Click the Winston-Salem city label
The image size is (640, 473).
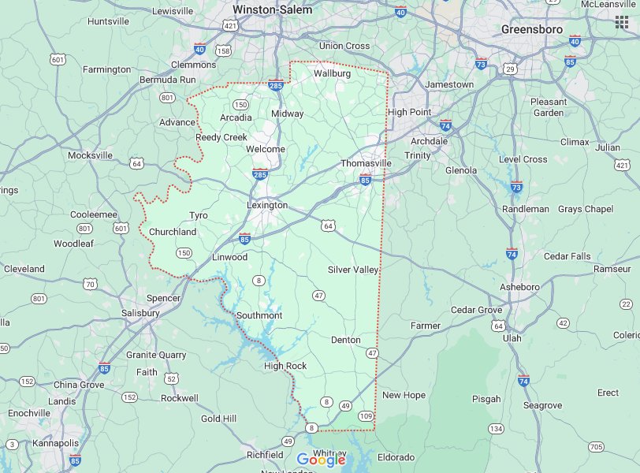[x=272, y=10]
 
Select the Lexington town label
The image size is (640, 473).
[x=267, y=205]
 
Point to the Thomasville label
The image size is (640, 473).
[x=366, y=163]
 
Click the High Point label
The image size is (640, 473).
[x=409, y=112]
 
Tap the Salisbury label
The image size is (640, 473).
[x=140, y=313]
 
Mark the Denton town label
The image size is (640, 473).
[x=345, y=340]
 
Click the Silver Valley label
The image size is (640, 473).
[x=353, y=270]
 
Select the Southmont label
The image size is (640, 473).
[x=259, y=315]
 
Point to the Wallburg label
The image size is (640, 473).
[x=332, y=73]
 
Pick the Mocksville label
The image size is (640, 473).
[x=90, y=155]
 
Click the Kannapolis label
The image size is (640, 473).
[x=55, y=443]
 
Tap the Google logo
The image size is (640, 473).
[x=322, y=460]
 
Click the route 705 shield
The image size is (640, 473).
[x=596, y=447]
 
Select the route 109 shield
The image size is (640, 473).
[x=366, y=415]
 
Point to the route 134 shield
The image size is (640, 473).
[x=495, y=428]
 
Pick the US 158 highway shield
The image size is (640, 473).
[x=223, y=50]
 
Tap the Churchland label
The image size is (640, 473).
[x=173, y=232]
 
